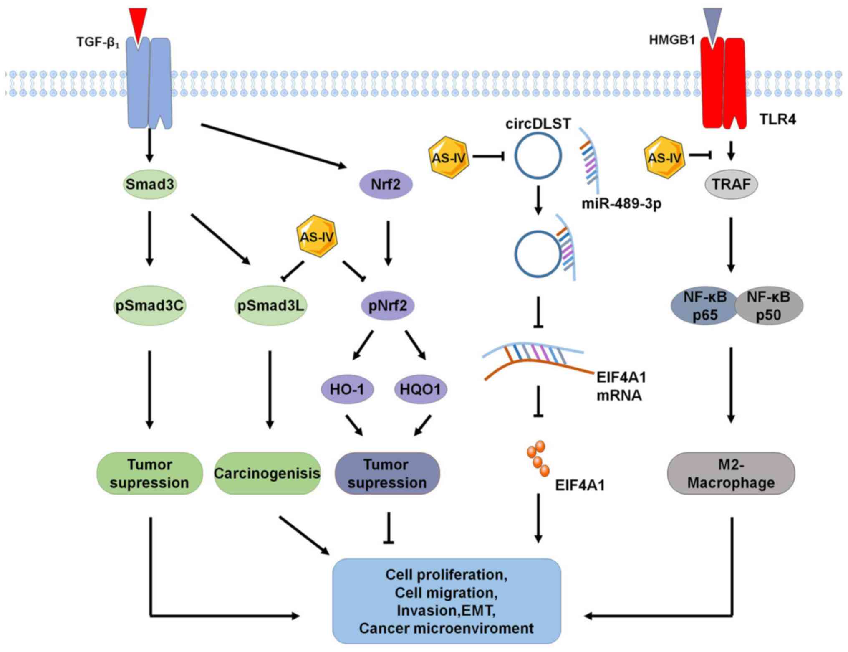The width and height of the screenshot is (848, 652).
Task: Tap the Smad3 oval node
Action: tap(150, 184)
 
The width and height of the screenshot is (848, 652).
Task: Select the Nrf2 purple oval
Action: tap(386, 184)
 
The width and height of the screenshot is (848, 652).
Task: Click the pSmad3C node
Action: tap(149, 305)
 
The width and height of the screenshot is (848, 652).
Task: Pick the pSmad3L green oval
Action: tap(270, 305)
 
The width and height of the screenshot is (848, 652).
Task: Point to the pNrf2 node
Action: tap(388, 305)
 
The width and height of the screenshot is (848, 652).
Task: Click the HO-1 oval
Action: tap(347, 389)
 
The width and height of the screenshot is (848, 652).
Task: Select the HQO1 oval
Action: tap(420, 389)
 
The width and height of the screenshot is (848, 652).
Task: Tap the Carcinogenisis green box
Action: tap(267, 473)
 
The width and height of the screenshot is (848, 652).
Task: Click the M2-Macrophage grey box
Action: tap(731, 473)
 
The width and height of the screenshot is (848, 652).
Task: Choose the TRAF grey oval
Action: tap(731, 184)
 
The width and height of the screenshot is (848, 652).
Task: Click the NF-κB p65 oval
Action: tap(705, 306)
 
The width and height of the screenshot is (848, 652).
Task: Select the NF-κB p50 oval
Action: tap(768, 306)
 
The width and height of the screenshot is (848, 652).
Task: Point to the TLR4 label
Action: tap(777, 119)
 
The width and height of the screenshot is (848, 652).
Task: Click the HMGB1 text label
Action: tap(672, 40)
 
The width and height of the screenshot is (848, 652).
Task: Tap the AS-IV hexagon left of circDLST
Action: tap(449, 157)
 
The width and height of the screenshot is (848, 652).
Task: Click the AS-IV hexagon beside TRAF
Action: tap(665, 157)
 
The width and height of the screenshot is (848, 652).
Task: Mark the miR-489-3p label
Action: tap(621, 204)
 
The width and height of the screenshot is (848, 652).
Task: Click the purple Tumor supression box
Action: tap(387, 473)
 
